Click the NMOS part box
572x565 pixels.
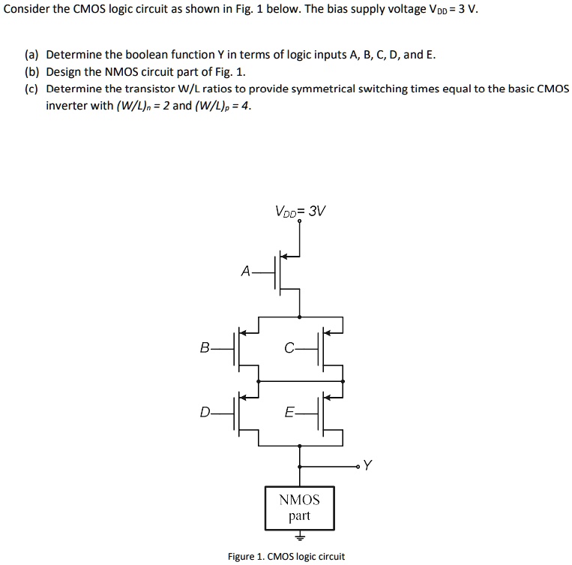299,508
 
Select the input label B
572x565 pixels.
205,347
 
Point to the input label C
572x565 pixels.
289,347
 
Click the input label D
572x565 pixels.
205,411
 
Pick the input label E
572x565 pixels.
289,411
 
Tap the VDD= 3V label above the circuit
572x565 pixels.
300,211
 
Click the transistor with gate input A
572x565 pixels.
285,272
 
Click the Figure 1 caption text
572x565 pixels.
286,556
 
